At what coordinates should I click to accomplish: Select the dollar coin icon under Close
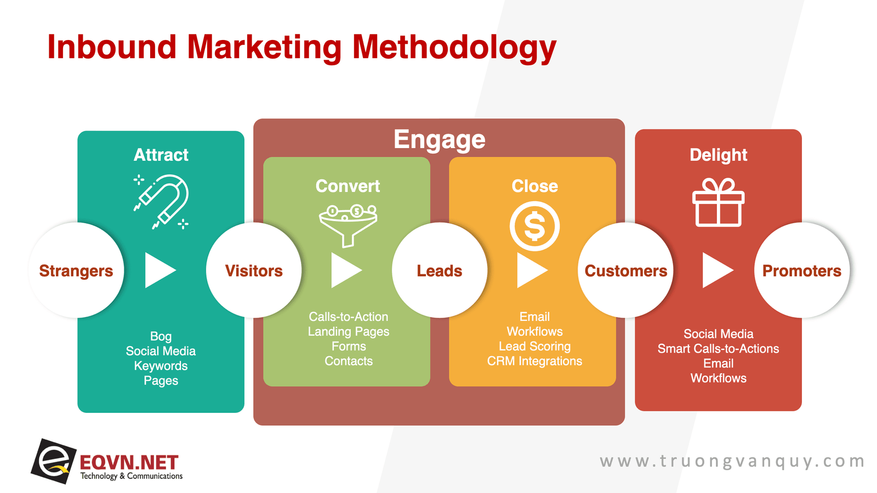[x=534, y=226]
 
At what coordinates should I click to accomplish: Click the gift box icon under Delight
[x=718, y=202]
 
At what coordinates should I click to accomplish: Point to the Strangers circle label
[x=76, y=271]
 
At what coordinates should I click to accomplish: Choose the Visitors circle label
[x=254, y=271]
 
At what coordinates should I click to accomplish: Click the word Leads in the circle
[x=439, y=271]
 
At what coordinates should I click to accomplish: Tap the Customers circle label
[x=625, y=271]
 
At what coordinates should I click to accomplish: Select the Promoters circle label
[x=801, y=271]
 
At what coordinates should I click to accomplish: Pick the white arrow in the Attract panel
[x=160, y=270]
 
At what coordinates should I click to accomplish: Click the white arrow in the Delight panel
[x=717, y=270]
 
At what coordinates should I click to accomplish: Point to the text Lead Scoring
[x=534, y=346]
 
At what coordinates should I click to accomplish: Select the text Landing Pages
[x=349, y=332]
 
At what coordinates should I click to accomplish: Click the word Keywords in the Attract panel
[x=161, y=366]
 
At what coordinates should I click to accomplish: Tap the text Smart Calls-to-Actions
[x=718, y=349]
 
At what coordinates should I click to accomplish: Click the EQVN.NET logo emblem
[x=53, y=461]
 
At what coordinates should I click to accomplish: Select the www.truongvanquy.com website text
[x=732, y=461]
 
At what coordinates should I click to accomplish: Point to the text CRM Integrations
[x=534, y=361]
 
